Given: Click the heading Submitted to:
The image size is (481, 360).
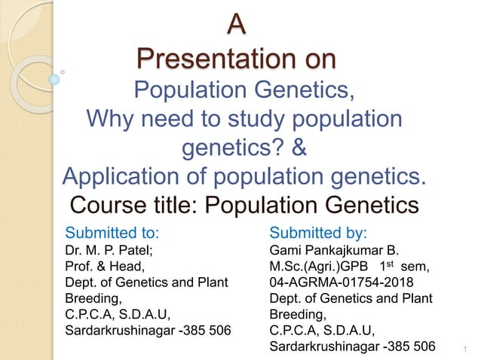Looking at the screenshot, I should point(114,230).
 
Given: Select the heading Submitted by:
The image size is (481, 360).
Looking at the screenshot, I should point(318,230).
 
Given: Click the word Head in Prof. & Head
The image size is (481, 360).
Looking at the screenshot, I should point(128,265).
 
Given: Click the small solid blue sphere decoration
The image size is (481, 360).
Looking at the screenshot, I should point(54,78).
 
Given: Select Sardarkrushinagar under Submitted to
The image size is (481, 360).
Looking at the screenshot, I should point(123,330).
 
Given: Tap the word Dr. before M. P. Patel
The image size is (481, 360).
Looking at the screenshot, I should point(75,249).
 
